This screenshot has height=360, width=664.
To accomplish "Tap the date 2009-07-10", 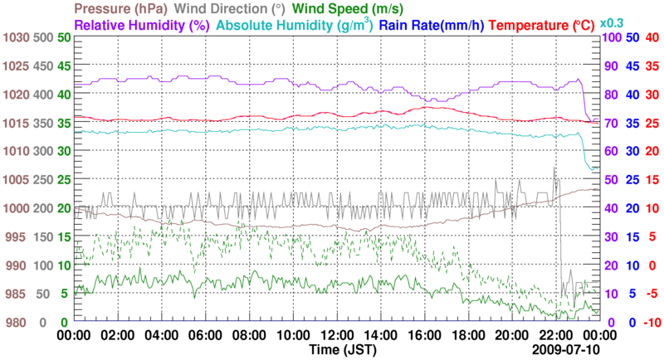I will click(564, 351).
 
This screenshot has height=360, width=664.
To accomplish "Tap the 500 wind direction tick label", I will click(42, 38).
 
